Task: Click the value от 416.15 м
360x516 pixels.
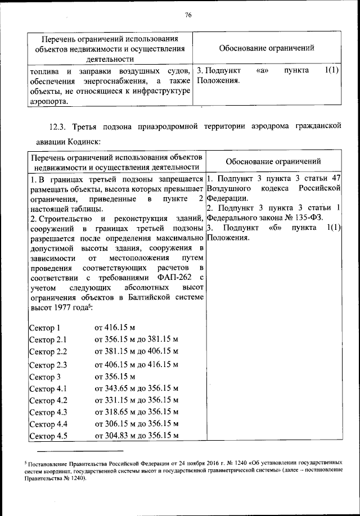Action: point(115,328)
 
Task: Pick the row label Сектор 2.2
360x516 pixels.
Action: point(47,352)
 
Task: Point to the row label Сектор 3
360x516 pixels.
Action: point(44,377)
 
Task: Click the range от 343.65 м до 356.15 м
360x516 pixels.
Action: point(137,388)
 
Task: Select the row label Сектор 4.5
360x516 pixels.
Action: point(47,436)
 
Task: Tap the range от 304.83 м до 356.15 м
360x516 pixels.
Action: point(137,436)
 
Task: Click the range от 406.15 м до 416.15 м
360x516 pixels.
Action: point(137,364)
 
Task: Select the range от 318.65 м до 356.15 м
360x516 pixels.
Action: point(137,413)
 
